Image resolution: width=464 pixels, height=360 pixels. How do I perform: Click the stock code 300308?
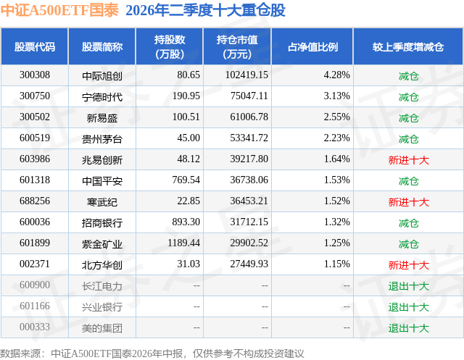point(35,75)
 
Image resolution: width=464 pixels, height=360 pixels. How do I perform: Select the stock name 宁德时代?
point(102,96)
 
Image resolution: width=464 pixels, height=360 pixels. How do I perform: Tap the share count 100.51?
point(186,117)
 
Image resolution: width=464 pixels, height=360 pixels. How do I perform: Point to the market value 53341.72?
point(249,138)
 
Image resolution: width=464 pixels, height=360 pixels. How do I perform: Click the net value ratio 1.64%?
point(337,159)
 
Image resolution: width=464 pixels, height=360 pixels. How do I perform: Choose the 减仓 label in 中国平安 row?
point(409,180)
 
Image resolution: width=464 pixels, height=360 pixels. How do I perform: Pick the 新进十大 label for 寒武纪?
point(409,202)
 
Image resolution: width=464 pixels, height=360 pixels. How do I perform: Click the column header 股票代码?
point(35,46)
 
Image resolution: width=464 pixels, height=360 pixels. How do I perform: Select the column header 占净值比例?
point(312,46)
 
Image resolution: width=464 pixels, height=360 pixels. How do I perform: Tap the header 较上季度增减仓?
point(408,46)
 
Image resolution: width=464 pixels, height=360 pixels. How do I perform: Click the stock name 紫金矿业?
point(102,244)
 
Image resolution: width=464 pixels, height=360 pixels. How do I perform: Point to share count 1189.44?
point(183,243)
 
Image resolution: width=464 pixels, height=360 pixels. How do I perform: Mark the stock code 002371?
point(35,264)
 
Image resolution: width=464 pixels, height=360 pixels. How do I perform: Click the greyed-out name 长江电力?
point(102,286)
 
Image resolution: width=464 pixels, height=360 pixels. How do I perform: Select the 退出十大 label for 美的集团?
point(409,328)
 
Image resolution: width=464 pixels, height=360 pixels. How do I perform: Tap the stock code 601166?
point(35,306)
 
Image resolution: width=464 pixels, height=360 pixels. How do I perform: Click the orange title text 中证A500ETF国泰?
point(59,10)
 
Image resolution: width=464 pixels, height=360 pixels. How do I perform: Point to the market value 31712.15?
point(249,222)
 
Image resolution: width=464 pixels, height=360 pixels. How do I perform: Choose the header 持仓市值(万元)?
point(237,46)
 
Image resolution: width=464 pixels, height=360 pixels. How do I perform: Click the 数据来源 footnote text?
point(152,353)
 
